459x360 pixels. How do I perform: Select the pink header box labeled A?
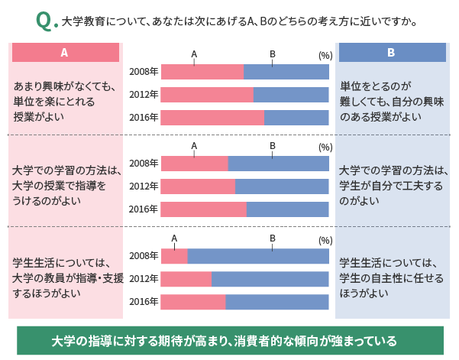pyautogui.click(x=65, y=53)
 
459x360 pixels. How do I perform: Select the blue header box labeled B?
pyautogui.click(x=392, y=53)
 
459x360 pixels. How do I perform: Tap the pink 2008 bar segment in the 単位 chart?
pyautogui.click(x=202, y=72)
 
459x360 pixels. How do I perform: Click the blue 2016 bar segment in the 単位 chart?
pyautogui.click(x=296, y=118)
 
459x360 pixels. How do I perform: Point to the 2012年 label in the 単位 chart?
pyautogui.click(x=144, y=95)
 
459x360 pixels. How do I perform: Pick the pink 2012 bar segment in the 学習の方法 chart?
pyautogui.click(x=198, y=186)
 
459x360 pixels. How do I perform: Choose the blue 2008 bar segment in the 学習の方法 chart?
pyautogui.click(x=278, y=164)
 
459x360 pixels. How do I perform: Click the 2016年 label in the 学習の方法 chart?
pyautogui.click(x=144, y=209)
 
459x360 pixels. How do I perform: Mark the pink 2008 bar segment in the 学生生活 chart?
pyautogui.click(x=174, y=256)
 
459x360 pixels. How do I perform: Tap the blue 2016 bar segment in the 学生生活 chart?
pyautogui.click(x=276, y=302)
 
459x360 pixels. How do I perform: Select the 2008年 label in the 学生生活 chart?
pyautogui.click(x=144, y=256)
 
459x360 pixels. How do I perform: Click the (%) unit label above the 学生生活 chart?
pyautogui.click(x=325, y=240)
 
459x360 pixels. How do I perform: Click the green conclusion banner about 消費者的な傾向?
pyautogui.click(x=230, y=340)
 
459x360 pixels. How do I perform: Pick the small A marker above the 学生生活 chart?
pyautogui.click(x=174, y=238)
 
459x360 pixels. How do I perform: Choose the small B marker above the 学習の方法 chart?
pyautogui.click(x=273, y=145)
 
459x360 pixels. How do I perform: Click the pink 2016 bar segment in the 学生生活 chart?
pyautogui.click(x=193, y=302)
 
